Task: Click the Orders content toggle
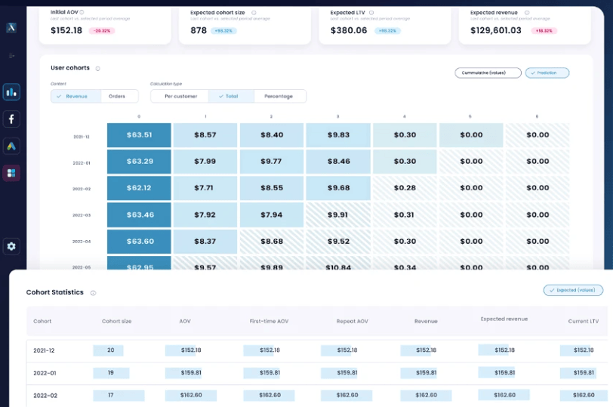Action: tap(117, 96)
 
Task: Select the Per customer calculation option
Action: tap(180, 96)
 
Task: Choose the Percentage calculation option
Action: tap(279, 96)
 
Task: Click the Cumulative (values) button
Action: tap(488, 73)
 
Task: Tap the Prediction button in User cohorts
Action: tap(547, 73)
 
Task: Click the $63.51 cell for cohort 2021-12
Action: tap(139, 135)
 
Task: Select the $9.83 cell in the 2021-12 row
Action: tap(338, 135)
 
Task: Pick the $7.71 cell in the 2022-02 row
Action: tap(205, 188)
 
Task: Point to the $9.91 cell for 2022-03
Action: tap(338, 214)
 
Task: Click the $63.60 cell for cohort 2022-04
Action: tap(139, 242)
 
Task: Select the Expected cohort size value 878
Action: tap(199, 30)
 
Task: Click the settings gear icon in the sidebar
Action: tap(11, 246)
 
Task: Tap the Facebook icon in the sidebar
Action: tap(11, 119)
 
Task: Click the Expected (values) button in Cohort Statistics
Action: tap(573, 290)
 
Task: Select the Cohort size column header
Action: tap(116, 321)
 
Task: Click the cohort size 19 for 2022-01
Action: tap(111, 372)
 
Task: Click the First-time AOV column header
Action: tap(269, 321)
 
